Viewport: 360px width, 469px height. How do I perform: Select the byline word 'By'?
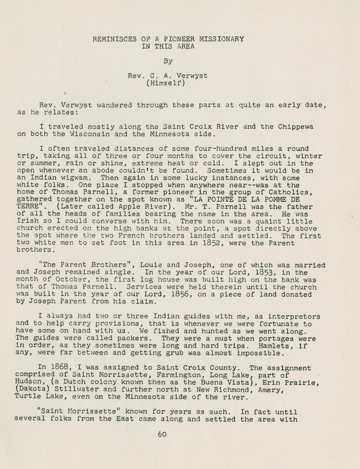[168, 61]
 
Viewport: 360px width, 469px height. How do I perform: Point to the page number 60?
[162, 434]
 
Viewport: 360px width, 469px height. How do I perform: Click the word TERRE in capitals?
[27, 207]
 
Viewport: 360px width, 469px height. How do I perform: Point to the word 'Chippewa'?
[295, 127]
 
